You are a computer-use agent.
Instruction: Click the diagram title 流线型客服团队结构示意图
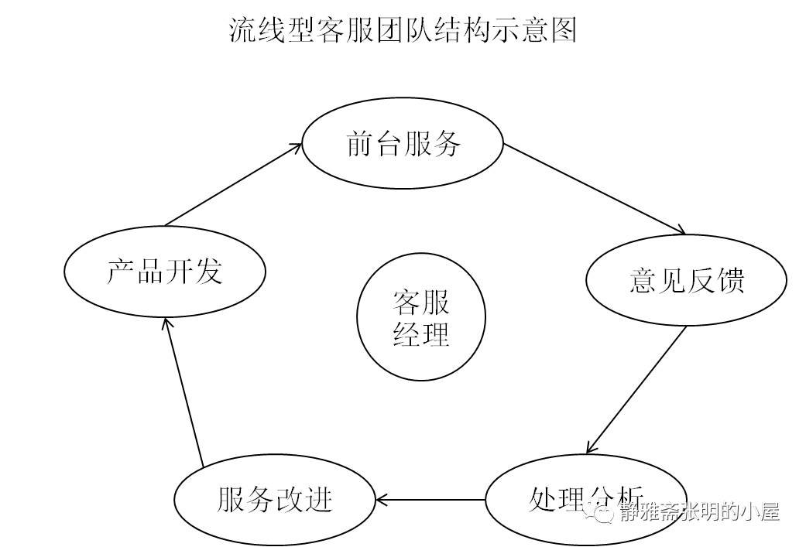[403, 30]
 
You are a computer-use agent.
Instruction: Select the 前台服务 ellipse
[403, 145]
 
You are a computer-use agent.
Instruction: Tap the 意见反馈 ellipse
[687, 280]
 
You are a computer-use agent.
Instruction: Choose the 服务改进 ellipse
[274, 500]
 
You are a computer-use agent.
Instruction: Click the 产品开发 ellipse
[164, 272]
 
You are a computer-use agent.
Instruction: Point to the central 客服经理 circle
[421, 317]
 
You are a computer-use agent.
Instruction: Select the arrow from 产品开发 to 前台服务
[232, 184]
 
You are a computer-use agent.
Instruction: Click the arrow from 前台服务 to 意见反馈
[595, 187]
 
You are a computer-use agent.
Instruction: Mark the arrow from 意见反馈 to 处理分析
[636, 389]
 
